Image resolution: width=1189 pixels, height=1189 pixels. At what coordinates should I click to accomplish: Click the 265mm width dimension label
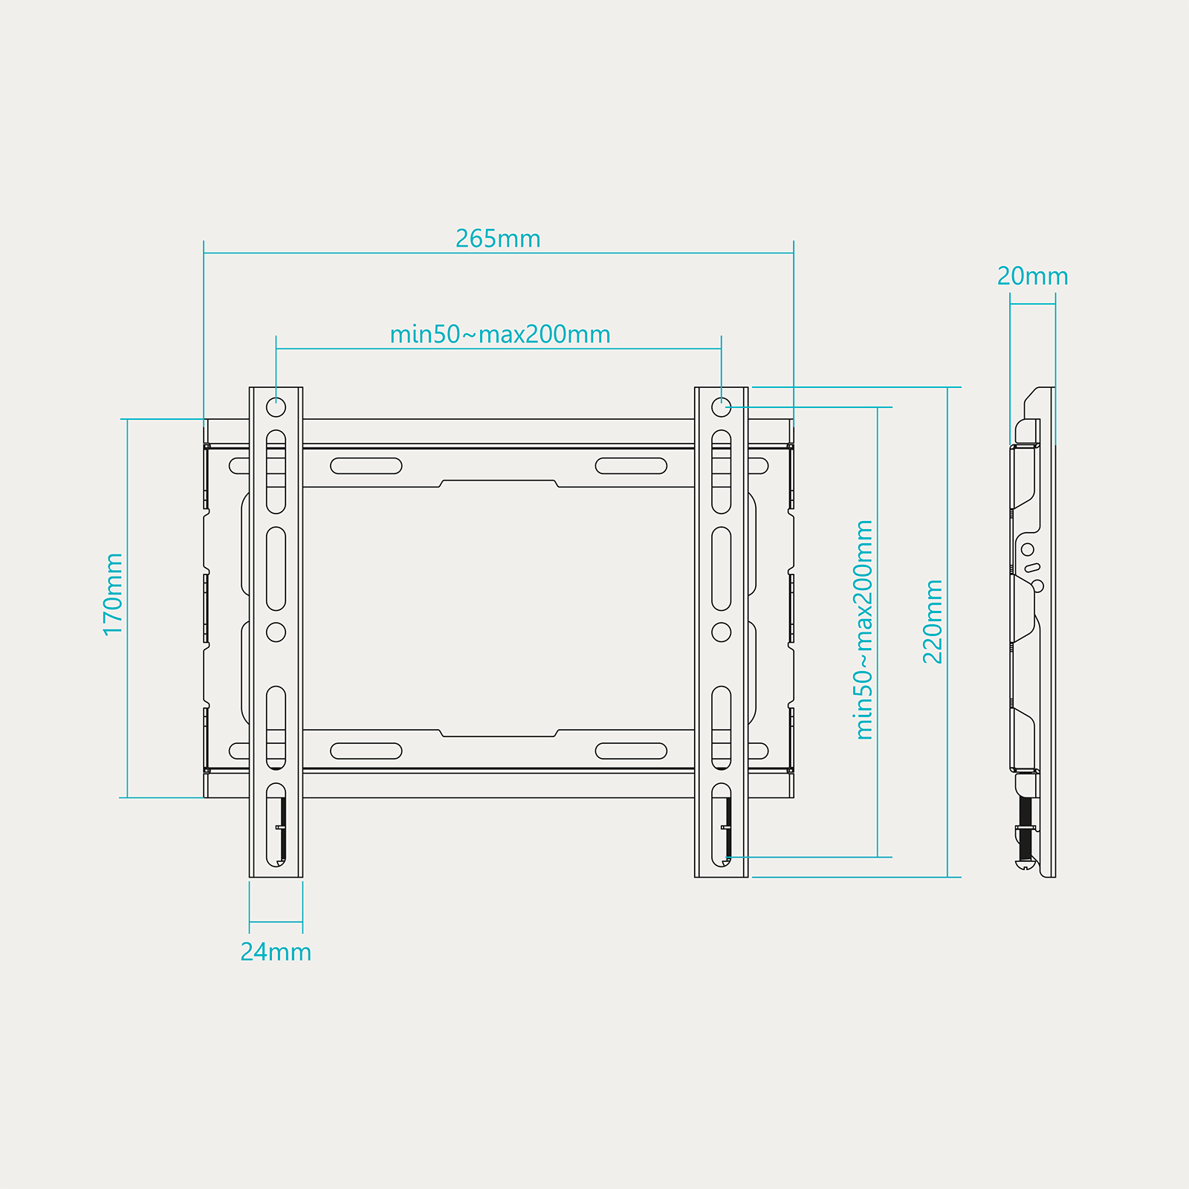click(498, 239)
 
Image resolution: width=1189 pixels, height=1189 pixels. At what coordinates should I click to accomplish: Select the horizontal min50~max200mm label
click(500, 334)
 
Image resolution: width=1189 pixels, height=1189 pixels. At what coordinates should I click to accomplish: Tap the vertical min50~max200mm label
click(864, 629)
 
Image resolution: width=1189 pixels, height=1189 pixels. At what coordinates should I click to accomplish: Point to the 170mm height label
click(113, 594)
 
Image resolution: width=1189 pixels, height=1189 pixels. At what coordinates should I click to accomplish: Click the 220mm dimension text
click(933, 621)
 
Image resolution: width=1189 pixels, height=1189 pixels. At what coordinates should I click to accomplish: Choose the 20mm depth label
click(1032, 276)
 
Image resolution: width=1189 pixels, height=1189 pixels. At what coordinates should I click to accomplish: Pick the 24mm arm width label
click(276, 952)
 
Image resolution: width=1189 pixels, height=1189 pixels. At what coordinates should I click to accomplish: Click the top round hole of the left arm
click(276, 407)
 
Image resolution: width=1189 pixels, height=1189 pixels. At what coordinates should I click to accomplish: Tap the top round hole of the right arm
click(721, 407)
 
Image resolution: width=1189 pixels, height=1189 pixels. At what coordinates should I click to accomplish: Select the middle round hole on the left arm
click(276, 632)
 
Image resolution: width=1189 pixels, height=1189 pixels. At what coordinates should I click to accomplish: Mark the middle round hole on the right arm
click(721, 632)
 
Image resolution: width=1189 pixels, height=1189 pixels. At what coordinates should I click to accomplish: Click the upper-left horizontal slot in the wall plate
click(366, 466)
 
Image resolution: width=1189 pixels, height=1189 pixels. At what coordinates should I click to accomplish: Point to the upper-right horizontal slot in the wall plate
click(631, 466)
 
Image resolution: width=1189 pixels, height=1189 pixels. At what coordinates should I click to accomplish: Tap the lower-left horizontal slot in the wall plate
click(366, 751)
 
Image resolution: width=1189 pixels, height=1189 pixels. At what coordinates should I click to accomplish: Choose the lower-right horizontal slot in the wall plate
click(631, 751)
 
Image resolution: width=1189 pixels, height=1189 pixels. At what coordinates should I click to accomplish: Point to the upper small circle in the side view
click(1028, 549)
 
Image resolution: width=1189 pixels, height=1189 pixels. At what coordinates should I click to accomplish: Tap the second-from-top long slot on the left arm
click(276, 568)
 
